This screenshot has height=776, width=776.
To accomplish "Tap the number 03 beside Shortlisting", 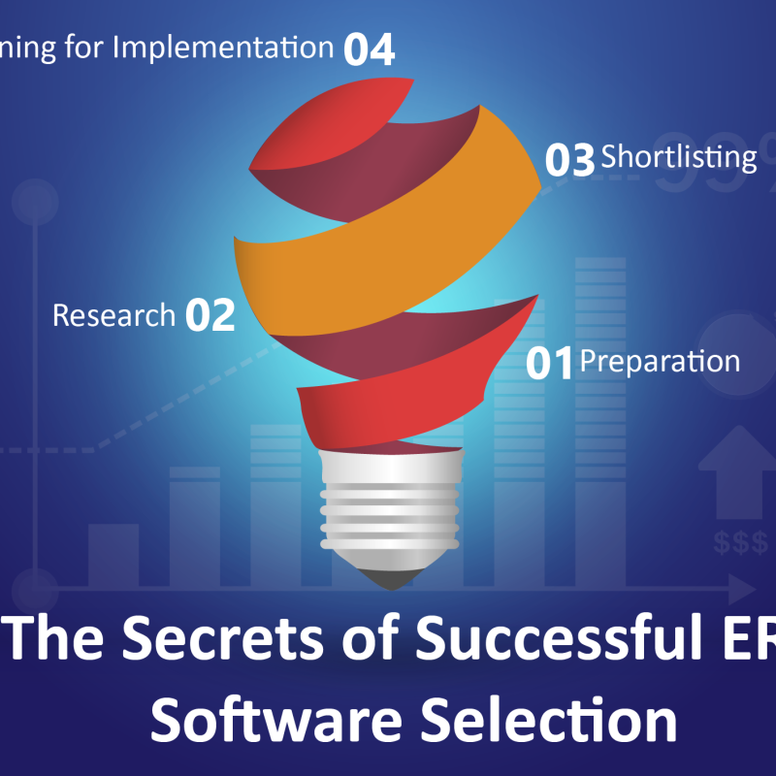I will click(569, 161).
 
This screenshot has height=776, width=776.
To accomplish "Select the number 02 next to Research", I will click(210, 316).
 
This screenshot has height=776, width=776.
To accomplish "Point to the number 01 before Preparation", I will click(550, 364).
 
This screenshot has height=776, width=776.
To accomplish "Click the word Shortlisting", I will click(678, 156).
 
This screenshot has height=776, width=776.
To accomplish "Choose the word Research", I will click(113, 315).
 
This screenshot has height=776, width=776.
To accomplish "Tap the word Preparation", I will click(660, 361).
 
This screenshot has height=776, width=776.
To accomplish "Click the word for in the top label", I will click(86, 47).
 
